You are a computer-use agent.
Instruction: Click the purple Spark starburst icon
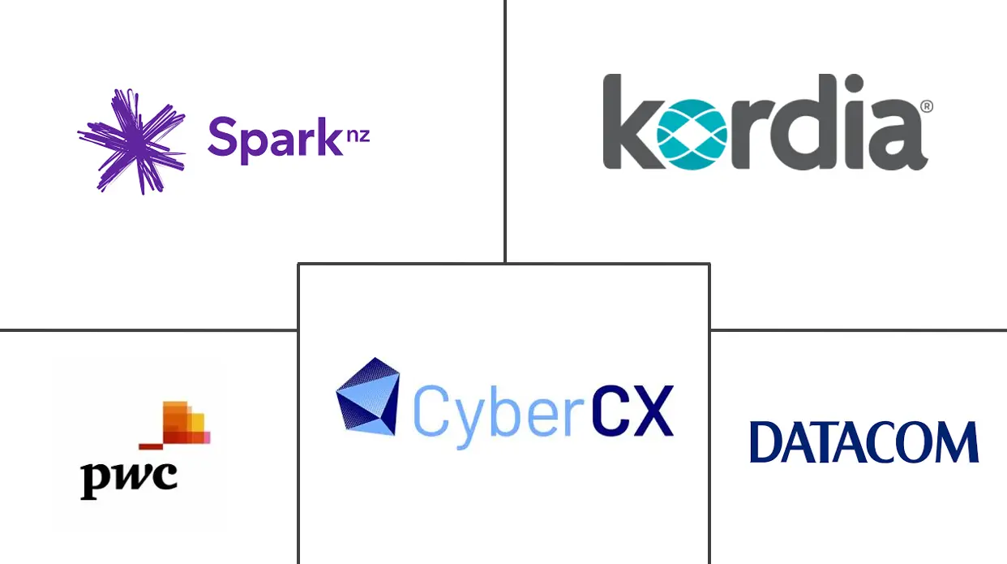130,140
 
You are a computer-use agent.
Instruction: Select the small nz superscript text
358,134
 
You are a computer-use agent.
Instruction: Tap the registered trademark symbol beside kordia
927,106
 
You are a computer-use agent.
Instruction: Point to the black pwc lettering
128,476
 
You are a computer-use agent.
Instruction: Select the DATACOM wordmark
863,442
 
